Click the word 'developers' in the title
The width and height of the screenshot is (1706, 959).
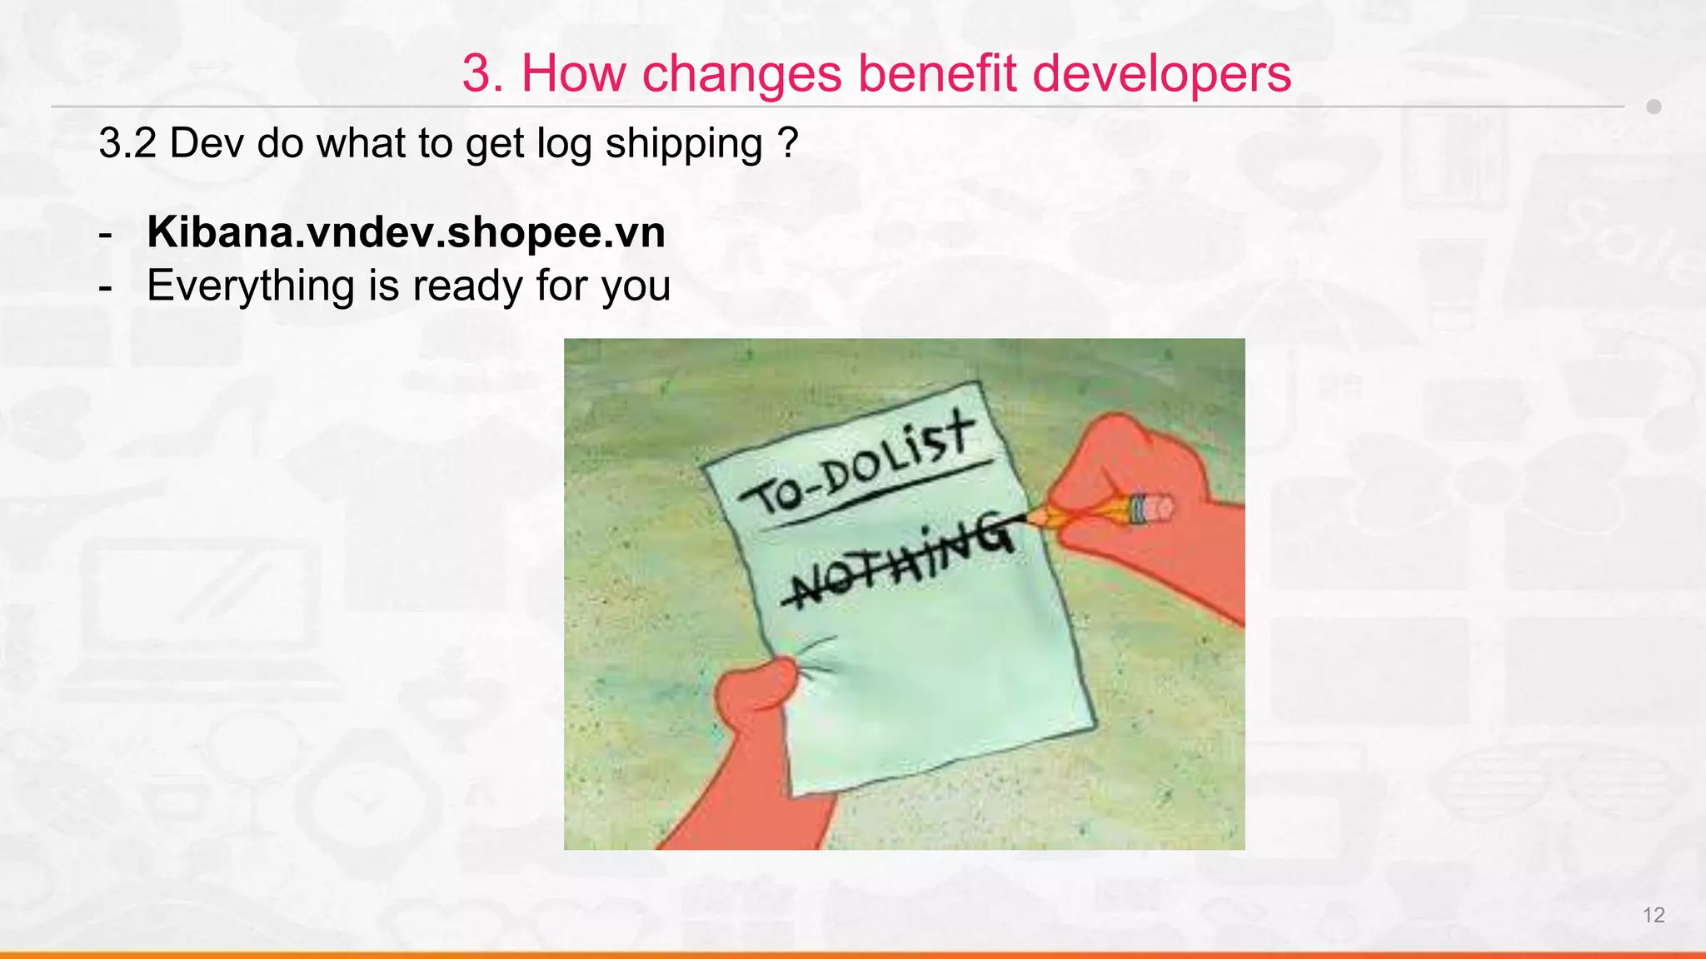(1161, 73)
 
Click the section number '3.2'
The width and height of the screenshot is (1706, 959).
(127, 143)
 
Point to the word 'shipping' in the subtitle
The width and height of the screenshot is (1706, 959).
(684, 143)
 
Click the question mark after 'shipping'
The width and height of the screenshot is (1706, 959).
(788, 143)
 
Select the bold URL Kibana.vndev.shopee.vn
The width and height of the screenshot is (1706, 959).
(406, 231)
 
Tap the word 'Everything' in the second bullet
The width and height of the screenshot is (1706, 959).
(250, 286)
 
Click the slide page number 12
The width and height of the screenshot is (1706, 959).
(1653, 915)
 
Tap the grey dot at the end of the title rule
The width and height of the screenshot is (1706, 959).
(1654, 107)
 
